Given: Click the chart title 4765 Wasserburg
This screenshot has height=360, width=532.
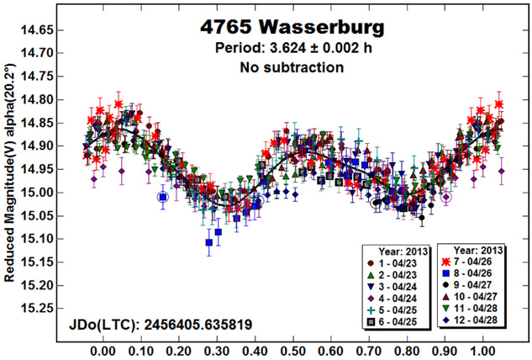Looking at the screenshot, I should [x=294, y=27].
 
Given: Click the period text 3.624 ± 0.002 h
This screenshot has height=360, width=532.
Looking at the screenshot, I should [x=294, y=48].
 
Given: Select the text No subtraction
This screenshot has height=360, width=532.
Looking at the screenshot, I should [x=294, y=66].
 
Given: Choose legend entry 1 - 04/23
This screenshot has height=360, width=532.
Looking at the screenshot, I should [x=395, y=262].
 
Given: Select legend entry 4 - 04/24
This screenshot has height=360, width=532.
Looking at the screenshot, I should [x=395, y=298].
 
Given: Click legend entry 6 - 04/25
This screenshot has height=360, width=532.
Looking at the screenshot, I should [x=395, y=321].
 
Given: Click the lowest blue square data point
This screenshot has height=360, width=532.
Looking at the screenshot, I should [x=209, y=243].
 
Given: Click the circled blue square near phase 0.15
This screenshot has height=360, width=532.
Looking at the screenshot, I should [x=163, y=197].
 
